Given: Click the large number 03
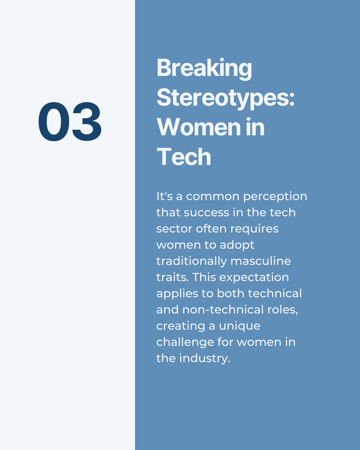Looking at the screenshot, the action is coord(70,121).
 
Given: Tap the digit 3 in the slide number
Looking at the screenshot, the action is coord(87,121).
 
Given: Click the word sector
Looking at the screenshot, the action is coord(174,229).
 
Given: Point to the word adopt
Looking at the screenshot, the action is coord(237,245).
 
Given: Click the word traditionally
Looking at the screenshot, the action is coord(192,262).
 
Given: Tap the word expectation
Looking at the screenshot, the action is coord(254,278).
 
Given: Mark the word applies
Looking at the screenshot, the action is coord(177,294).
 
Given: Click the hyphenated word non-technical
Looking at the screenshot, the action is coord(223,310).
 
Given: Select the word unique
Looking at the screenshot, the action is coord(239,326).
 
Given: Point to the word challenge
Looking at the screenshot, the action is coord(185,343).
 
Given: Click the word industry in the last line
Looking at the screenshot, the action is coord(205,359).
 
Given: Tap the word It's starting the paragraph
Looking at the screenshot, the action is coord(165,196).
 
